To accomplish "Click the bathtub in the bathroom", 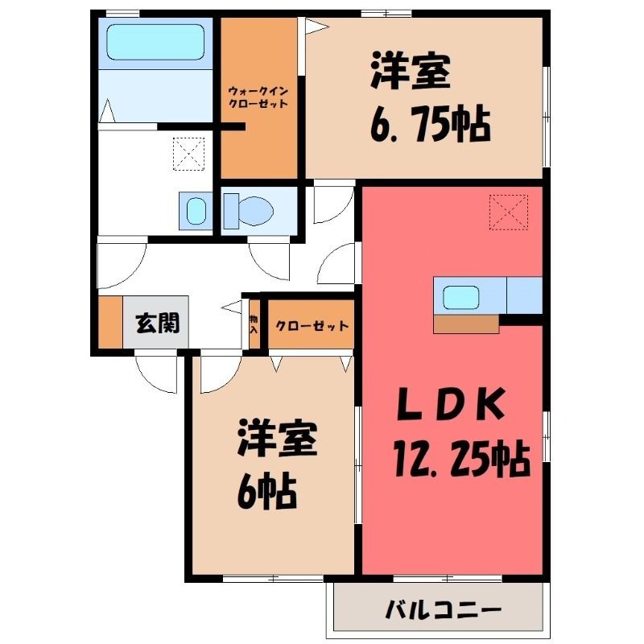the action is pyautogui.click(x=155, y=43).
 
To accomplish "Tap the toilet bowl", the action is pyautogui.click(x=249, y=211).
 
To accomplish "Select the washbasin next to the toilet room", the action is pyautogui.click(x=196, y=211).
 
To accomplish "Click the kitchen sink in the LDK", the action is pyautogui.click(x=460, y=297).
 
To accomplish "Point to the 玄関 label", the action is pyautogui.click(x=158, y=323).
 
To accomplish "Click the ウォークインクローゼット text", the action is pyautogui.click(x=258, y=97).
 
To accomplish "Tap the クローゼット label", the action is pyautogui.click(x=312, y=326).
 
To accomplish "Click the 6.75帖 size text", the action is pyautogui.click(x=430, y=126).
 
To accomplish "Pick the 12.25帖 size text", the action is pyautogui.click(x=461, y=459).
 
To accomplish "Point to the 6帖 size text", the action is pyautogui.click(x=266, y=490).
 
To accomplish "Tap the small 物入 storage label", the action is pyautogui.click(x=254, y=324).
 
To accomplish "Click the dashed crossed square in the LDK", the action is pyautogui.click(x=509, y=213).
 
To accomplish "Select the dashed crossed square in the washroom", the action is pyautogui.click(x=188, y=154).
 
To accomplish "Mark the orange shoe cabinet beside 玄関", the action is pyautogui.click(x=110, y=322).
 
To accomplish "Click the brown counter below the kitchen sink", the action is pyautogui.click(x=466, y=324).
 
